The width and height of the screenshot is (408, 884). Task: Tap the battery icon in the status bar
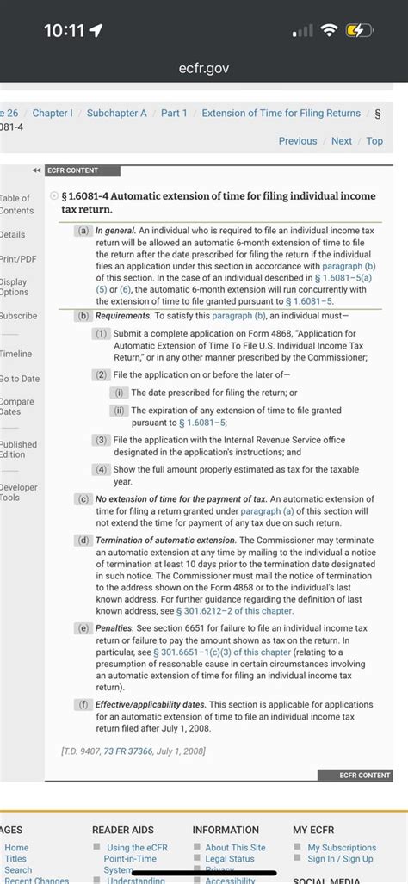[358, 32]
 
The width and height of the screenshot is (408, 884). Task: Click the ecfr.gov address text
[204, 67]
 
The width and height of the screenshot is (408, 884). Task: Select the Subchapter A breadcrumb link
[117, 113]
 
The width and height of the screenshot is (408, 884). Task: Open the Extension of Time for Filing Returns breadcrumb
[281, 113]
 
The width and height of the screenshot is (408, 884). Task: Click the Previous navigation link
[298, 141]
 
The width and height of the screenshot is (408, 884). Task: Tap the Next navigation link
[342, 141]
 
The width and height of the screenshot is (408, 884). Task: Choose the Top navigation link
[374, 141]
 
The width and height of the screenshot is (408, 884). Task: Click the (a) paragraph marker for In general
[83, 231]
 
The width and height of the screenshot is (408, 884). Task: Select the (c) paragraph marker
[83, 499]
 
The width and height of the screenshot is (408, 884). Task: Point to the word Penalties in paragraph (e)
[114, 629]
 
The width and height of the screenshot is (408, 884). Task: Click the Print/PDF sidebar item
[13, 259]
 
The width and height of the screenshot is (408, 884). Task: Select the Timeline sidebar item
[15, 354]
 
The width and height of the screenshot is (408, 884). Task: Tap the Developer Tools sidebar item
[18, 492]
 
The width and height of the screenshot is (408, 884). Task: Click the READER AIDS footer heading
[123, 830]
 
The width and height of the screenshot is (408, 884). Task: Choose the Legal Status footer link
[230, 859]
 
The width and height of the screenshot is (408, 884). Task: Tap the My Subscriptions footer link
[342, 848]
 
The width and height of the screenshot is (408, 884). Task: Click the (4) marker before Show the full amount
[102, 469]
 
